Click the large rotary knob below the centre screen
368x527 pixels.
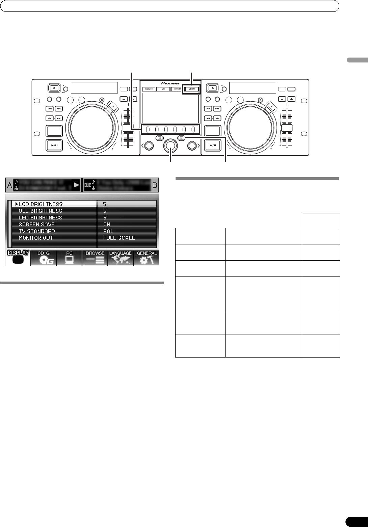(x=170, y=146)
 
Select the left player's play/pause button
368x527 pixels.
(x=54, y=146)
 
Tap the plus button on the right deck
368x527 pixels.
(x=291, y=99)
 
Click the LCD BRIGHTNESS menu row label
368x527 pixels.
(x=41, y=204)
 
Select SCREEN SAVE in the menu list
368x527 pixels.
(x=36, y=224)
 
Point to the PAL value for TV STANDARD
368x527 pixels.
(x=108, y=231)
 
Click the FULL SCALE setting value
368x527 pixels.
(x=119, y=238)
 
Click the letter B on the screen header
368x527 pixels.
(x=155, y=185)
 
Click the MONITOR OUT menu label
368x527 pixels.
(x=36, y=238)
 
